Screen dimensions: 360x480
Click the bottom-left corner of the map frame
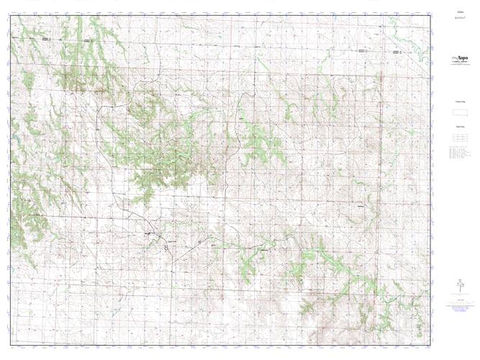11,343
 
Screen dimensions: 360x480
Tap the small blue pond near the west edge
13,135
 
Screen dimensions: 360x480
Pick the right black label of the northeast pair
397,52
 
